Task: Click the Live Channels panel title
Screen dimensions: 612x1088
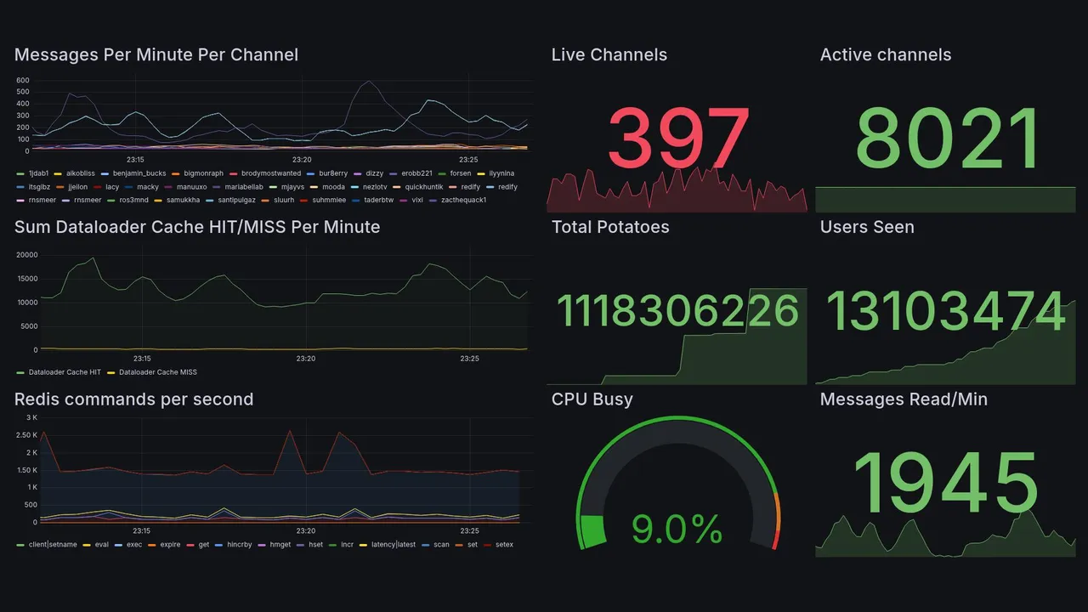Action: click(x=609, y=55)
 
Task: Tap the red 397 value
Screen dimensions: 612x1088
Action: click(x=679, y=139)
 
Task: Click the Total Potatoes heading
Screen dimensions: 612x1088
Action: click(x=609, y=227)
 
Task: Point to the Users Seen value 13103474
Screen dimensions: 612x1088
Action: click(x=945, y=311)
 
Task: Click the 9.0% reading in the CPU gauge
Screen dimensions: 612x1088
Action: click(x=677, y=530)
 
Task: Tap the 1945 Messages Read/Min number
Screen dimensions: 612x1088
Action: click(x=945, y=484)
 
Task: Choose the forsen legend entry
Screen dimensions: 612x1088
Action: click(x=460, y=173)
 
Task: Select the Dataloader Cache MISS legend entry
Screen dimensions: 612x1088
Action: click(x=157, y=372)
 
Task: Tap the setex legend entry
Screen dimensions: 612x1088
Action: click(x=504, y=545)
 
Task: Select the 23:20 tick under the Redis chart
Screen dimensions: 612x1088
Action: click(x=306, y=531)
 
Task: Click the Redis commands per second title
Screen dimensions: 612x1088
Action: click(x=133, y=399)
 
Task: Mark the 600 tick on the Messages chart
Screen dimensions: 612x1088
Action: click(x=23, y=81)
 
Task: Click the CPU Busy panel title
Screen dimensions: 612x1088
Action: click(x=592, y=399)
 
